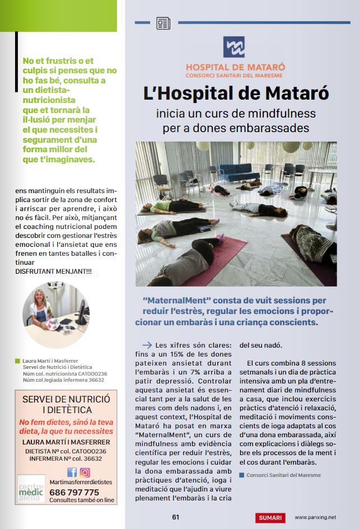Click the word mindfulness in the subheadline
[x=278, y=113]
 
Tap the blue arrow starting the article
[x=147, y=345]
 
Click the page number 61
[x=175, y=517]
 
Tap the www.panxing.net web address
[x=315, y=518]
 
